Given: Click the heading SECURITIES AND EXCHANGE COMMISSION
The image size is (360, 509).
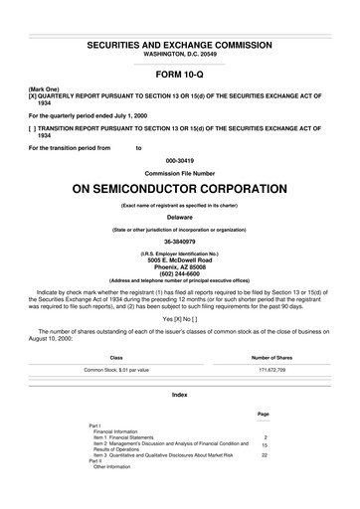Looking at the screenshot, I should [179, 46].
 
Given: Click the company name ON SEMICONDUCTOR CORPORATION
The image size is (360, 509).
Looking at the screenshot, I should [179, 188].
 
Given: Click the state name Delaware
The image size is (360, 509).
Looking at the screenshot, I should [179, 217].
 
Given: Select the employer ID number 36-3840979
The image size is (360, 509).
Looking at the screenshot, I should [179, 241].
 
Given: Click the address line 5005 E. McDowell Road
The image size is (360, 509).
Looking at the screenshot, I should [179, 260].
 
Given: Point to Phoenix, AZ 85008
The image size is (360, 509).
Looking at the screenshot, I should [179, 267].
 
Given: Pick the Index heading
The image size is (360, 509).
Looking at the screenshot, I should [179, 395].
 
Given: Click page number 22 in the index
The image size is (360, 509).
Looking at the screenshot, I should [265, 454].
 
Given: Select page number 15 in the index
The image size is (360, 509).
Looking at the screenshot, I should [265, 444].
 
